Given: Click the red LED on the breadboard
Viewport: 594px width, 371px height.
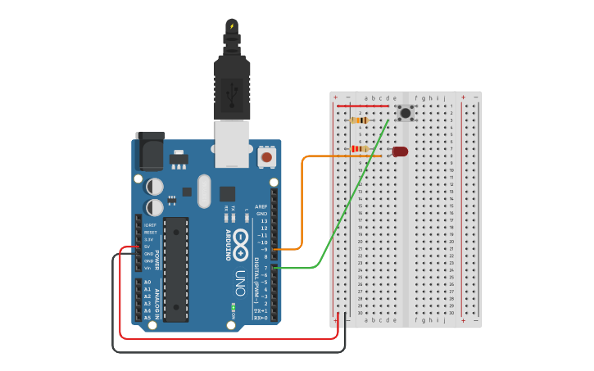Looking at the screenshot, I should [x=400, y=152].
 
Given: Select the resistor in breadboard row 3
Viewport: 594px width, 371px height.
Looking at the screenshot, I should [x=359, y=120].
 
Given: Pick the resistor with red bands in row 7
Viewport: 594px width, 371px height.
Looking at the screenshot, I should [x=359, y=148].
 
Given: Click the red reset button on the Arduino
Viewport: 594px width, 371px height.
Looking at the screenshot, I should [x=266, y=156].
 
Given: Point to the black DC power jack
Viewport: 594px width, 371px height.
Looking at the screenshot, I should [x=148, y=151].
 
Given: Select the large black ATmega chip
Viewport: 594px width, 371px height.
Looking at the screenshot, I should [x=175, y=269].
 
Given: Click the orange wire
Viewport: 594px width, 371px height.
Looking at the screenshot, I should [x=302, y=197].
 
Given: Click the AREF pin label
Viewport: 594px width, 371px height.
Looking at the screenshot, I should [x=261, y=207].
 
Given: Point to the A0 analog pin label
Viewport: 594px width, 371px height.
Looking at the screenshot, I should [x=147, y=282].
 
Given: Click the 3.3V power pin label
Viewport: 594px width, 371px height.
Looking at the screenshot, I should [x=150, y=239].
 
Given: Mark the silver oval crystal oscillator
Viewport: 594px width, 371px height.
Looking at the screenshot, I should [x=204, y=191].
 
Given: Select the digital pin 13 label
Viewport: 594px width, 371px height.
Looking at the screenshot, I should [x=264, y=221].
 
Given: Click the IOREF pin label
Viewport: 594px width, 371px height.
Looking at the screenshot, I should [x=150, y=225].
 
